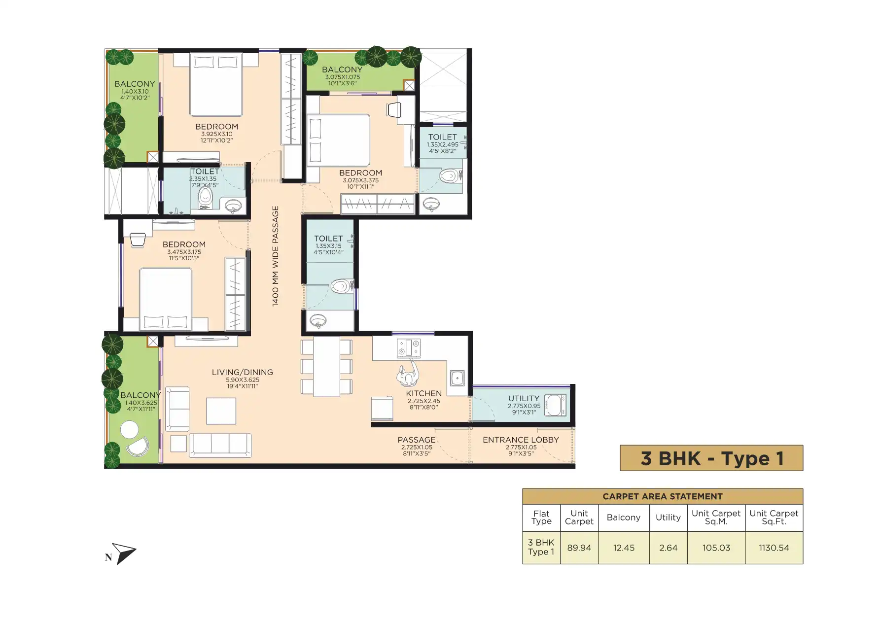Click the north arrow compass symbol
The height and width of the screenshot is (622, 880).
124,553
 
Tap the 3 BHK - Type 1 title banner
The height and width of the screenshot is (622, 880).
711,458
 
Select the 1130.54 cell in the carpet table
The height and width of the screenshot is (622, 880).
774,548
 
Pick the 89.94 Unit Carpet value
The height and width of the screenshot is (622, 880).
579,548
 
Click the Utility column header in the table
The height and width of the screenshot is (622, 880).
668,518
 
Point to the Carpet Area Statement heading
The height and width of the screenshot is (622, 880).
663,496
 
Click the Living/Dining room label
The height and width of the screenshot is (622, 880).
242,372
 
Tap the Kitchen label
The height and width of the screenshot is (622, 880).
423,393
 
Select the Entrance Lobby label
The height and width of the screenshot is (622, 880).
521,440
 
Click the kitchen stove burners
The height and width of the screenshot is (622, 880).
409,347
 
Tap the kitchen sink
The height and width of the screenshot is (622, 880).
457,379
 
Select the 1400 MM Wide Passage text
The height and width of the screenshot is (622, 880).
276,256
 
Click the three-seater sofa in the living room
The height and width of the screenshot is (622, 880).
220,445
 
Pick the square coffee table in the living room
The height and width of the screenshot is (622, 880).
221,411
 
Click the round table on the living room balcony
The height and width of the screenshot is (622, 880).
130,429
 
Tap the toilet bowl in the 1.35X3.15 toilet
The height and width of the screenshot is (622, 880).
341,286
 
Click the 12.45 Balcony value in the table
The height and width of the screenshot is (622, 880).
624,548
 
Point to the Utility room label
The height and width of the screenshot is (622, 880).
524,398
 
